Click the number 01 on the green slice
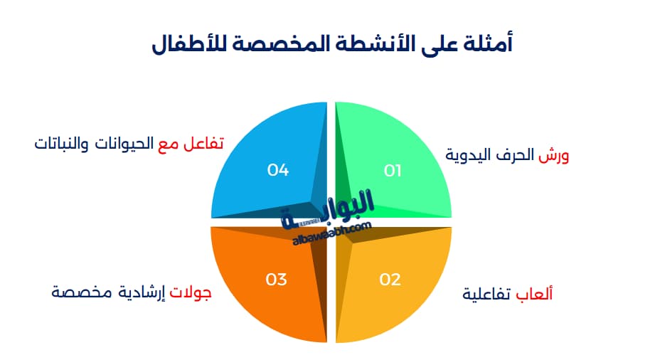click(393, 171)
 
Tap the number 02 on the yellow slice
click(390, 280)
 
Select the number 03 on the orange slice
click(276, 280)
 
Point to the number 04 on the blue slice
click(277, 170)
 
